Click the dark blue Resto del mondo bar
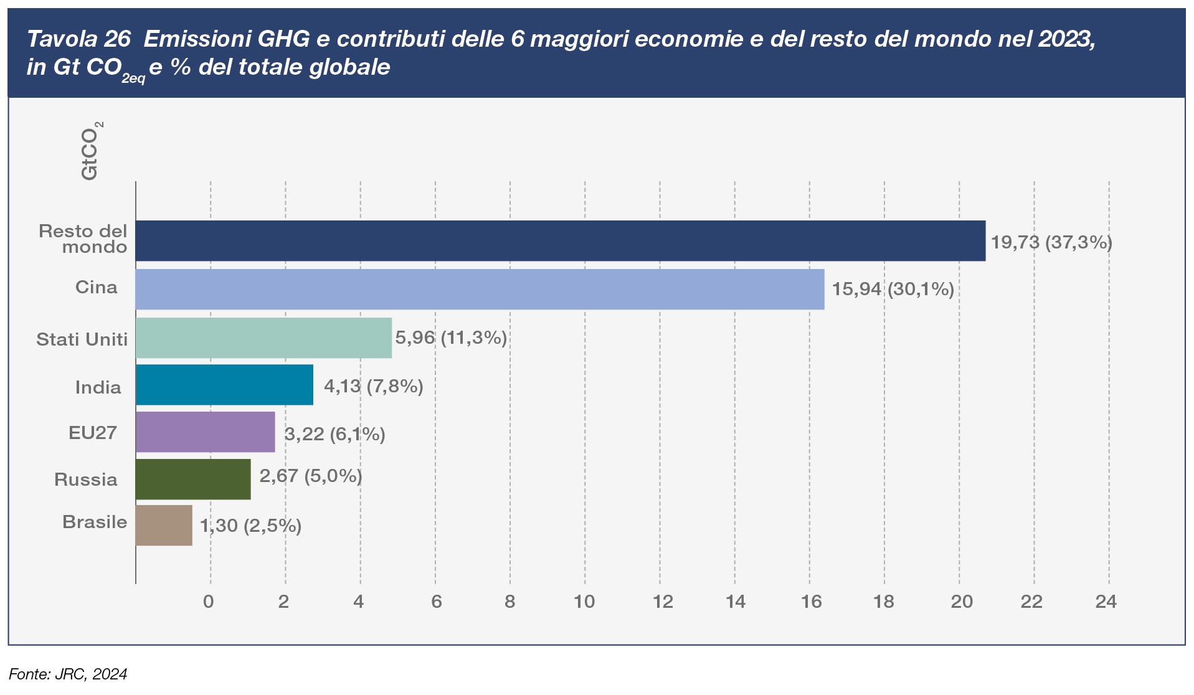coord(560,240)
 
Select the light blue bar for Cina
coord(480,289)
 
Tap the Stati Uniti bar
coord(263,338)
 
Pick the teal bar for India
coord(224,385)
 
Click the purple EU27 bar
coord(205,432)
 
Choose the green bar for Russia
coord(193,479)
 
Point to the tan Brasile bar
coord(164,525)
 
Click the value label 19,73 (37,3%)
coord(1051,242)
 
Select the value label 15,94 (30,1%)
coord(893,289)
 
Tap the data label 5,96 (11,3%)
coord(451,338)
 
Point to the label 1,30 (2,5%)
coord(250,526)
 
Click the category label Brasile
coord(95,522)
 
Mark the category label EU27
coord(93,432)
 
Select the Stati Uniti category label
coord(82,339)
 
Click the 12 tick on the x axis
coord(663,601)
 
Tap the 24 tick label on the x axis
coord(1106,601)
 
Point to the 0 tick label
coord(209,601)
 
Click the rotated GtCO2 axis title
coord(91,151)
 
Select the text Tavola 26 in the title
coord(78,39)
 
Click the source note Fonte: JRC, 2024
coord(68,674)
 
